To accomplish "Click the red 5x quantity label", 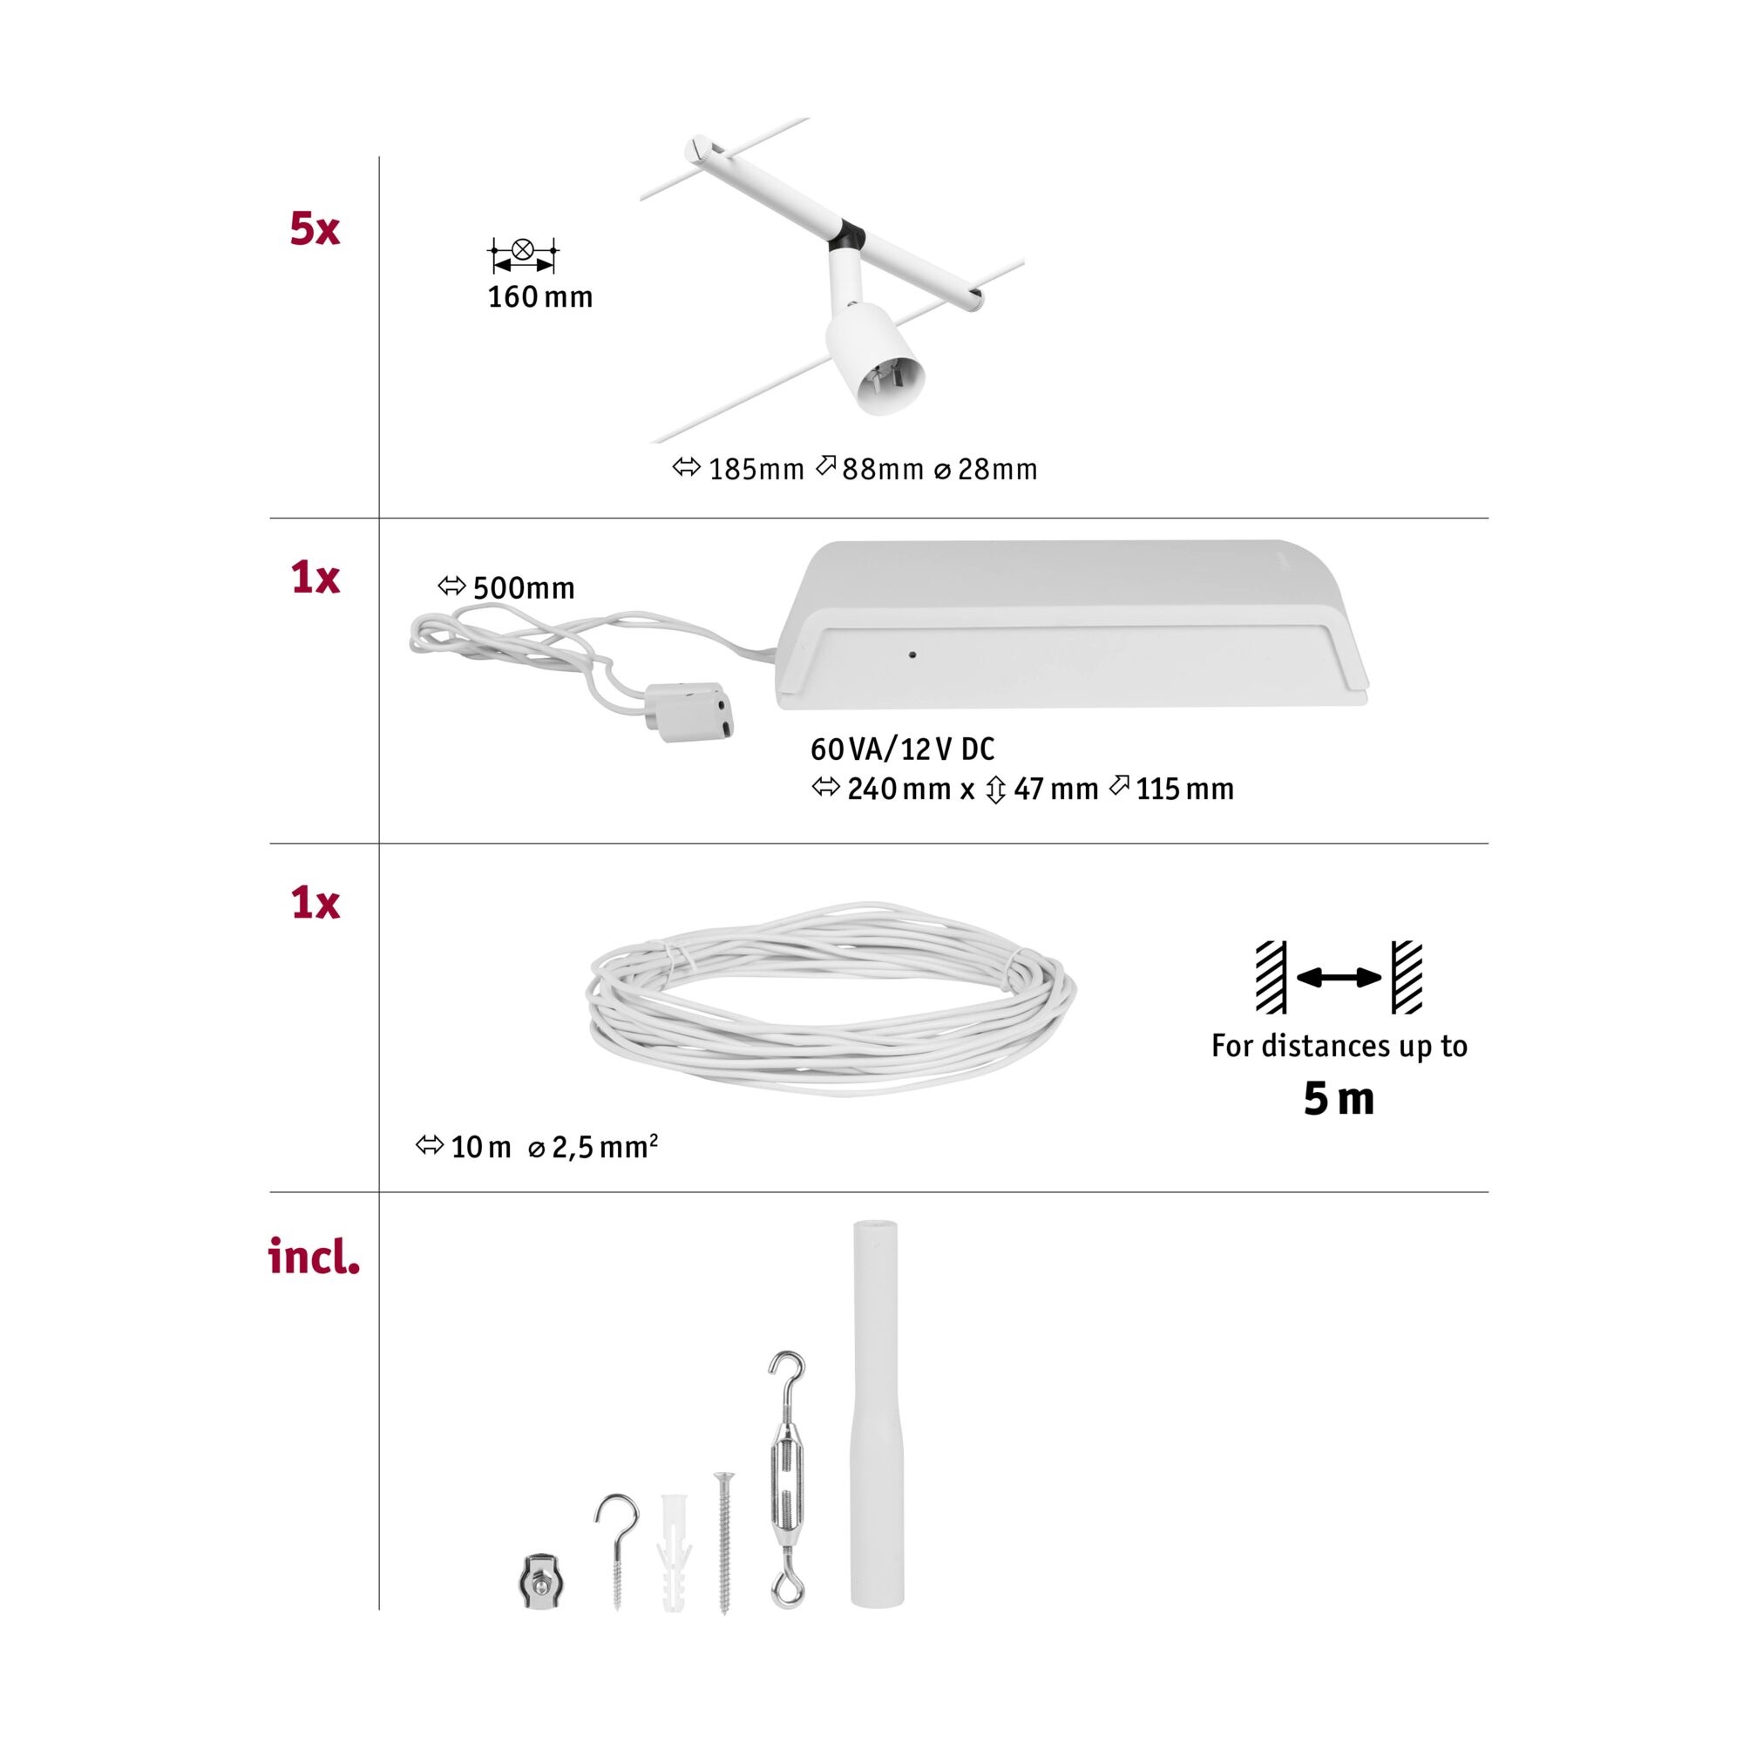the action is tap(314, 228).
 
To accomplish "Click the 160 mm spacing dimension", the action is tap(540, 297).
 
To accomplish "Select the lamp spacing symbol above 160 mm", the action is tap(522, 255).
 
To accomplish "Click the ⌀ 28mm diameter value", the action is tap(985, 469).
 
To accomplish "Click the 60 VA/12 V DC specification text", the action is tap(902, 749).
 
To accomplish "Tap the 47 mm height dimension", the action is tap(1042, 790).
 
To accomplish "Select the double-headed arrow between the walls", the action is tap(1339, 977).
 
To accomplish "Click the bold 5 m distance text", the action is tap(1339, 1098).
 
